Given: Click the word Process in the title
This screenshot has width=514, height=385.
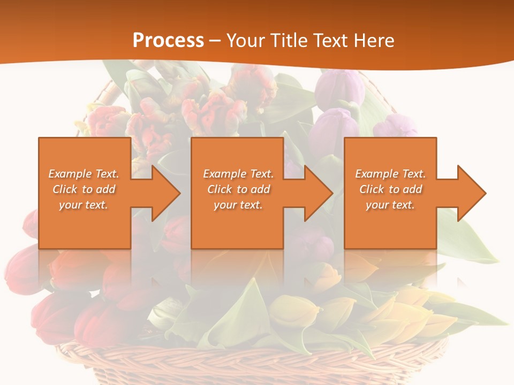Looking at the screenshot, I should pyautogui.click(x=168, y=41).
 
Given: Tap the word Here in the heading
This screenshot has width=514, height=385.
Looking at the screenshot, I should pyautogui.click(x=373, y=41).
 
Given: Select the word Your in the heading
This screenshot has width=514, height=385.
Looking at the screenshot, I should pyautogui.click(x=245, y=41).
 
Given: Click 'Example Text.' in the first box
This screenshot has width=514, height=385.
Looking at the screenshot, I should pyautogui.click(x=84, y=174).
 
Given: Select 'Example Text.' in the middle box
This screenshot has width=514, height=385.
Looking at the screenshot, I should pyautogui.click(x=238, y=174).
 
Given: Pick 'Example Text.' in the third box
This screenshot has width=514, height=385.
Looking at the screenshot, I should pyautogui.click(x=390, y=174).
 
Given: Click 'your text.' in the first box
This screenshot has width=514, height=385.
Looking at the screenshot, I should pyautogui.click(x=84, y=205).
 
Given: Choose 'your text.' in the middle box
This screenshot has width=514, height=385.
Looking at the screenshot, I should pyautogui.click(x=238, y=205).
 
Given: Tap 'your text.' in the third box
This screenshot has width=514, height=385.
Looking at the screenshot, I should pyautogui.click(x=390, y=205).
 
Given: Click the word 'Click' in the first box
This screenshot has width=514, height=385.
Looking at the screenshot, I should pyautogui.click(x=65, y=189).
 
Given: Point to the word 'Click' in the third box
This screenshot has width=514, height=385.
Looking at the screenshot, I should pyautogui.click(x=372, y=189).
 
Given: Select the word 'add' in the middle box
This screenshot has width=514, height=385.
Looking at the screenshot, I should pyautogui.click(x=260, y=189).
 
